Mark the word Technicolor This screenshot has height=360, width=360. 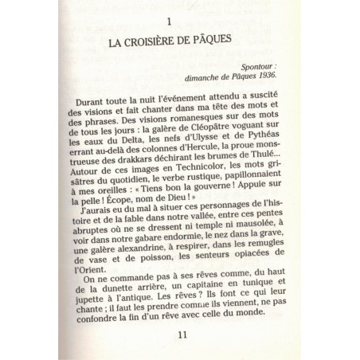pos(183,192)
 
